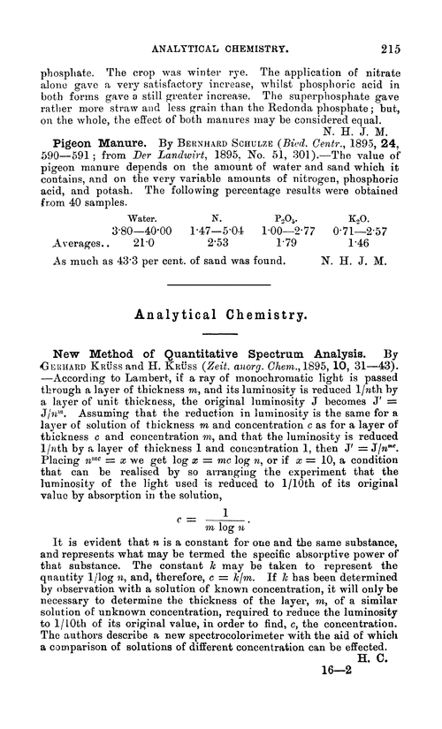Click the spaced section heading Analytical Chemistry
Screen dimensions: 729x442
(x=220, y=312)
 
